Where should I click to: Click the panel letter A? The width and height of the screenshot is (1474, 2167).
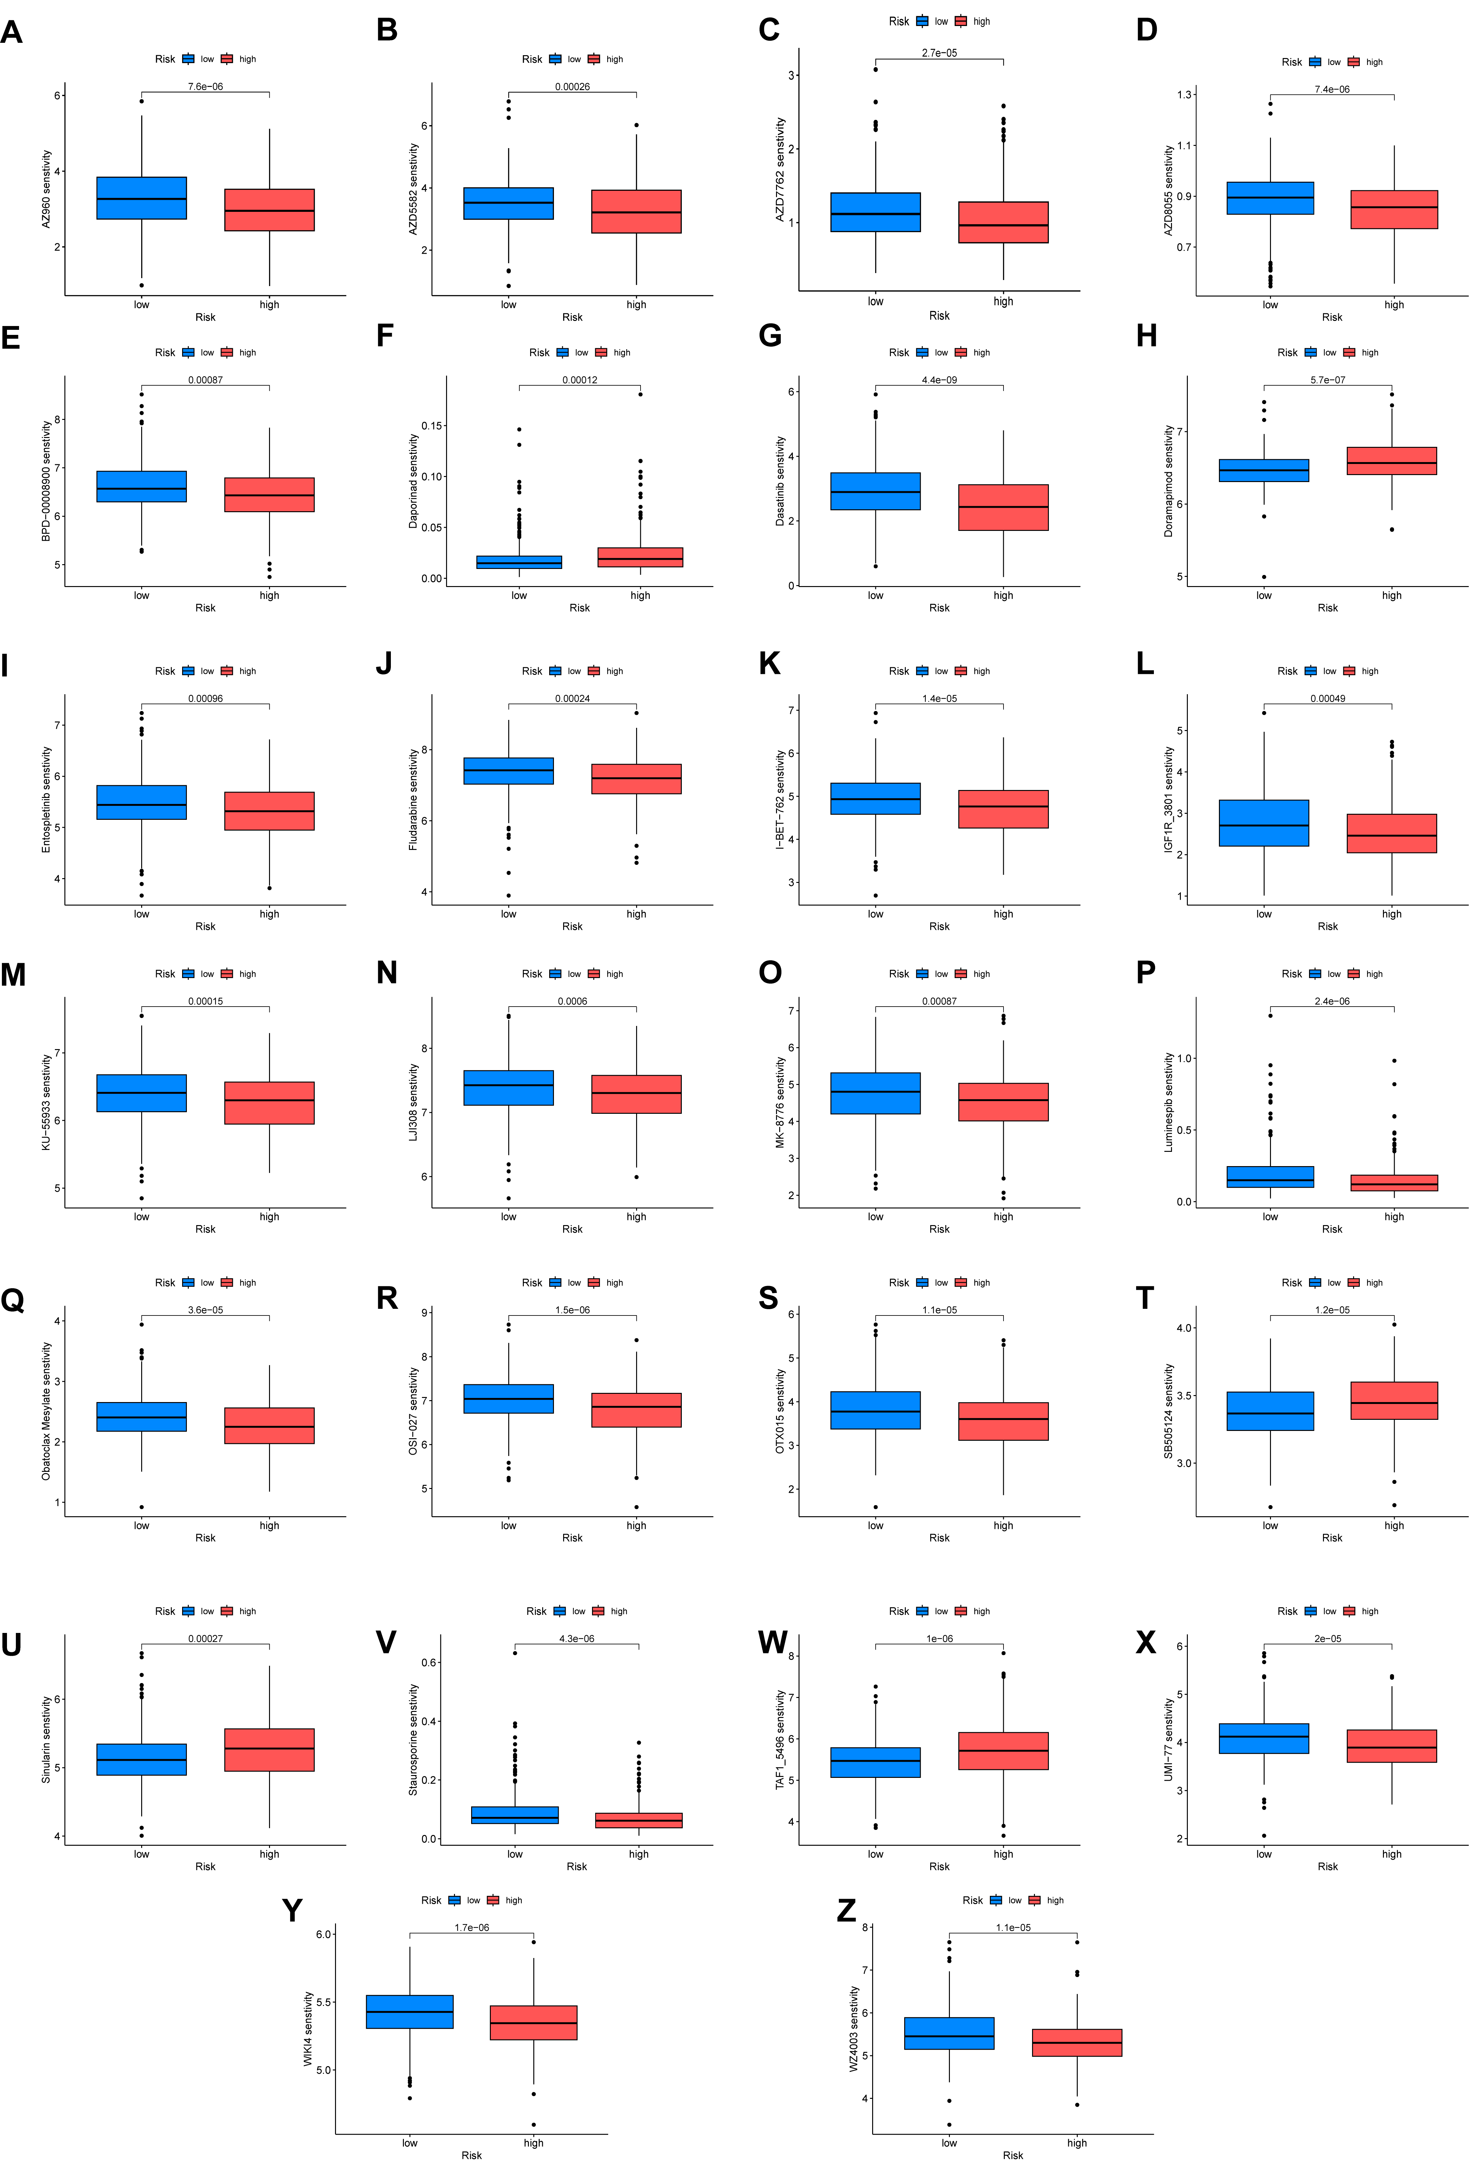tap(11, 33)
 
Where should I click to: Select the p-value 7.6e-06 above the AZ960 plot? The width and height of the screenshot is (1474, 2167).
tap(205, 87)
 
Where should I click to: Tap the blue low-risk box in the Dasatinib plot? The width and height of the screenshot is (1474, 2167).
tap(875, 491)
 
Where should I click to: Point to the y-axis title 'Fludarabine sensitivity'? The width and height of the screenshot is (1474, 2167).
tap(413, 799)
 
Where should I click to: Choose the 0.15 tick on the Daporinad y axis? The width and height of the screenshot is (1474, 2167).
tap(431, 426)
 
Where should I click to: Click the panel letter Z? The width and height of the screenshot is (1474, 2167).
tap(846, 1910)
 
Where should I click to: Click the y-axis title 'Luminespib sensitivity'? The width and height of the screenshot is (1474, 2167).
tap(1168, 1102)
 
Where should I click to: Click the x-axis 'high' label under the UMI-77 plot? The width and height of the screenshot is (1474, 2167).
tap(1391, 1854)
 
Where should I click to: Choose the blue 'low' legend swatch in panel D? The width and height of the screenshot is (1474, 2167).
tap(1314, 62)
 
